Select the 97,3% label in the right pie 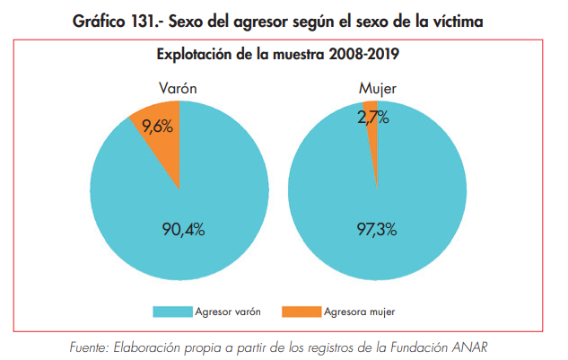tap(377, 230)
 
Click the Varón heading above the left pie tap(177, 88)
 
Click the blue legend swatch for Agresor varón tap(172, 312)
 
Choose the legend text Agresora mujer tap(360, 312)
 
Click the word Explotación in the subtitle tap(196, 53)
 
